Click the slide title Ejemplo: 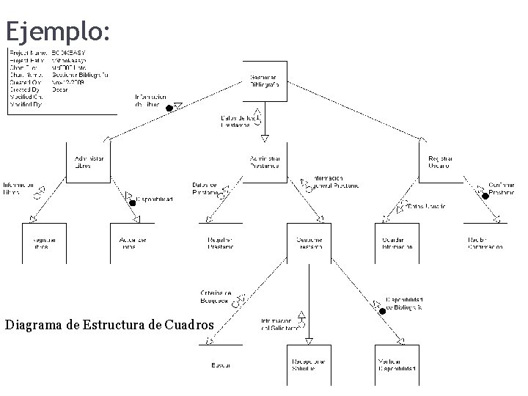(x=58, y=31)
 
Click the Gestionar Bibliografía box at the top (x=265, y=81)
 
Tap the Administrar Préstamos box (x=265, y=162)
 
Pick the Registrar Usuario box (x=441, y=162)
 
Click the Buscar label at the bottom (x=221, y=364)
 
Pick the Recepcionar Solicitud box (x=309, y=364)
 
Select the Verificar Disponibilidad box (x=397, y=364)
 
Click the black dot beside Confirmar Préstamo (x=485, y=196)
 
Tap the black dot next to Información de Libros (x=169, y=109)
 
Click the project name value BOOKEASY (x=70, y=54)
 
